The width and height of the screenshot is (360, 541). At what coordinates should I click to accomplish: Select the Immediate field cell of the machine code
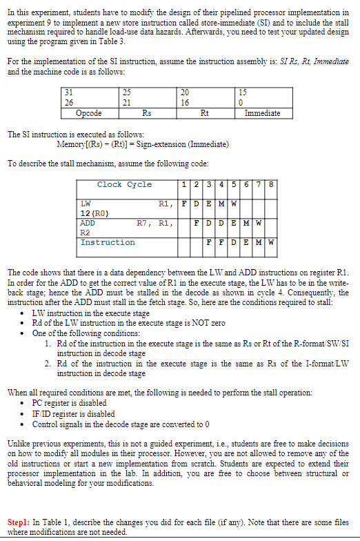pyautogui.click(x=262, y=113)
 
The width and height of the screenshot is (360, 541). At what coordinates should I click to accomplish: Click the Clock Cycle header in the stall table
pyautogui.click(x=124, y=185)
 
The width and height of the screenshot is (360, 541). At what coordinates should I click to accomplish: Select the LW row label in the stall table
pyautogui.click(x=86, y=204)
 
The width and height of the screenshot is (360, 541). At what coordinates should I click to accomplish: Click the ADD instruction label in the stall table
pyautogui.click(x=88, y=224)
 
